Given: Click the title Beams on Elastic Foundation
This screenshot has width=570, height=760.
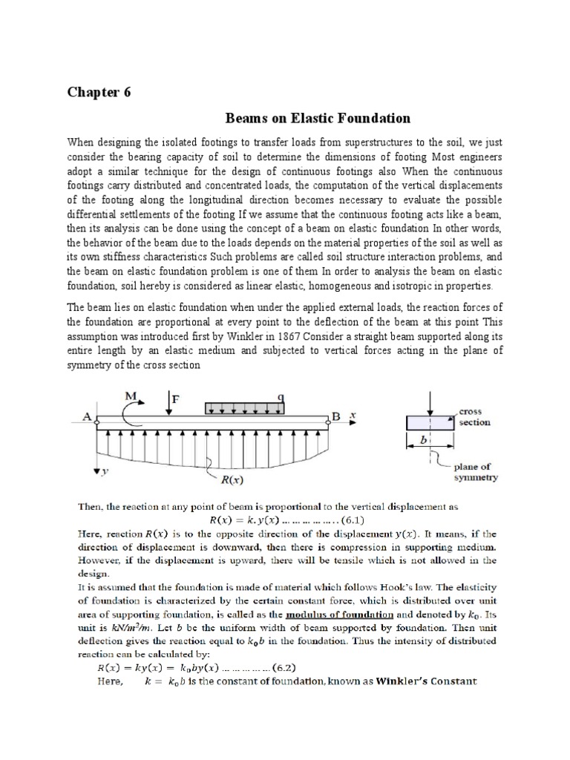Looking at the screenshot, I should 318,118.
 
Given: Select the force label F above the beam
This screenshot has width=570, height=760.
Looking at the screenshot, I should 176,399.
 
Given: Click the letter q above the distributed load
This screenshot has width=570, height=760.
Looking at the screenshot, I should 281,397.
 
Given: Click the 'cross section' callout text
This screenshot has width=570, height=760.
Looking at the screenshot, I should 474,416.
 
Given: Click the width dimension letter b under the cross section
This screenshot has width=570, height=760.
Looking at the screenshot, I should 424,440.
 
